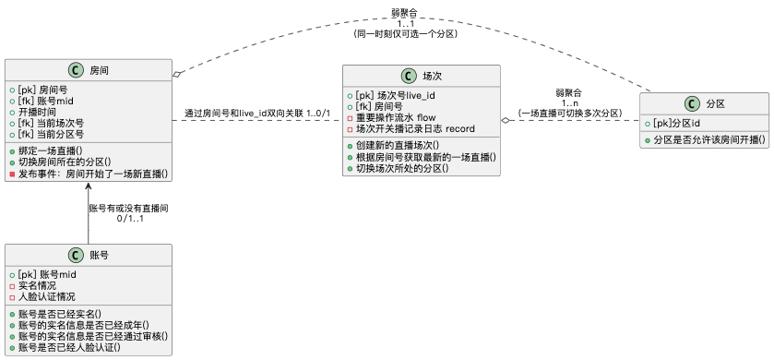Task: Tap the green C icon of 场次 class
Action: (408, 78)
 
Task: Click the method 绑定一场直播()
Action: (51, 150)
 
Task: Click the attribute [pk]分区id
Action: (675, 123)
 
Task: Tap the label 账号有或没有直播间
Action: (128, 209)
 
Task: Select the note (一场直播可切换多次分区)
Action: (568, 113)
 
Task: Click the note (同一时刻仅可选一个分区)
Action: (406, 33)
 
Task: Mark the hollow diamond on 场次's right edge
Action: (506, 120)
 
